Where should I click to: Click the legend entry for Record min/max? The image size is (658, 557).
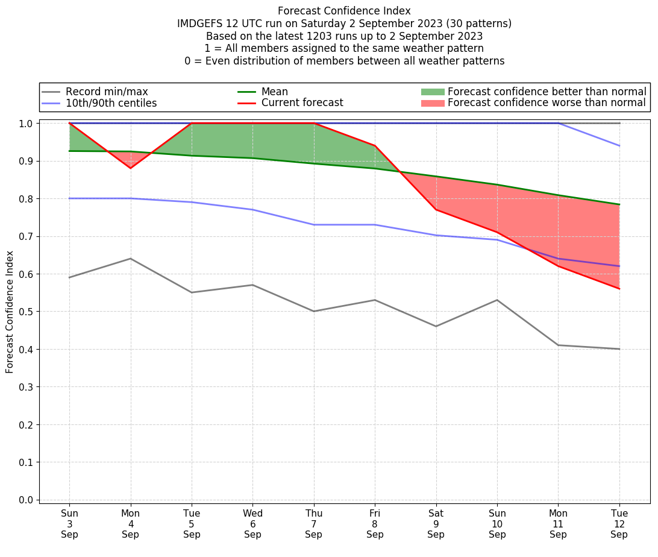(107, 92)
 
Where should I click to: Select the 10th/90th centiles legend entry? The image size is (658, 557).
(111, 103)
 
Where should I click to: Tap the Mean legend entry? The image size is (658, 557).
(274, 92)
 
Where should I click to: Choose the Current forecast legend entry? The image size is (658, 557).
(302, 103)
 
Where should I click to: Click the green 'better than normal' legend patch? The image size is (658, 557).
(432, 92)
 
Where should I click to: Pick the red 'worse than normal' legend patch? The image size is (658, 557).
(432, 103)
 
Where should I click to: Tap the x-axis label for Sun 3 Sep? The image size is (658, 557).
(69, 524)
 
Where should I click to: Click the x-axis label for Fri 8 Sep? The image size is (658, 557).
(375, 524)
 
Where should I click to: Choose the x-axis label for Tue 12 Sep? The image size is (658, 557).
(619, 524)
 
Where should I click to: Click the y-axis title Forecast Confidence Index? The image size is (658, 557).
(10, 311)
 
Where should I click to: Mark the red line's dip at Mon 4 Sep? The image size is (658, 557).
(130, 168)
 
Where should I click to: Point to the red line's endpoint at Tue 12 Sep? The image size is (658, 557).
(619, 289)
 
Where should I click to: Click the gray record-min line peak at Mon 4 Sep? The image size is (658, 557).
(130, 259)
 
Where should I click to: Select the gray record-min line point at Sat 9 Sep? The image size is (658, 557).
(436, 326)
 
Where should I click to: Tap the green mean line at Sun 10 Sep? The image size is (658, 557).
(497, 184)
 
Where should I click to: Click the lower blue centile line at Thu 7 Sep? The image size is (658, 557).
(314, 225)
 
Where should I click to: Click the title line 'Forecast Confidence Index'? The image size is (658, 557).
(344, 11)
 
